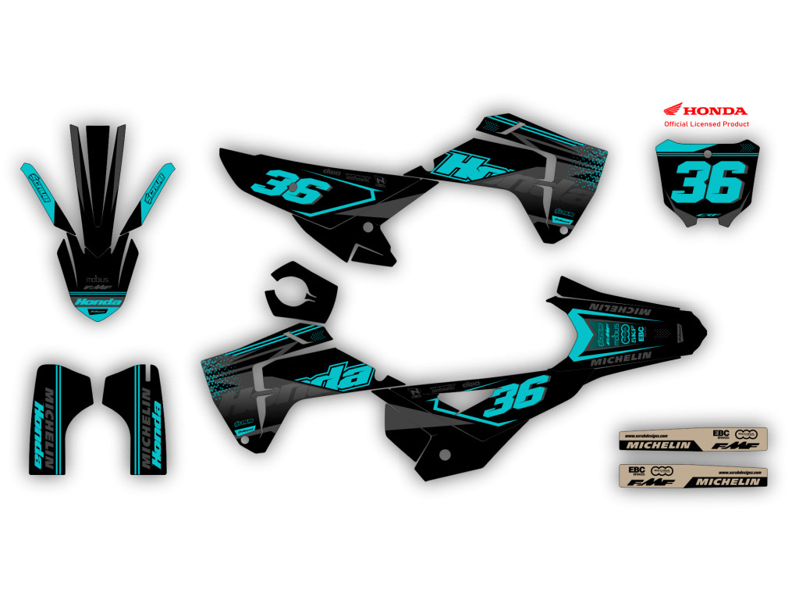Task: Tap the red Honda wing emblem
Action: [673, 109]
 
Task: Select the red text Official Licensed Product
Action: [706, 124]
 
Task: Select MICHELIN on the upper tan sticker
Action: [655, 445]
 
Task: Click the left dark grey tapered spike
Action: [77, 164]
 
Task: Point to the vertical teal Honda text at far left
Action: [38, 434]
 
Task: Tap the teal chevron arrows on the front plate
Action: [747, 147]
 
